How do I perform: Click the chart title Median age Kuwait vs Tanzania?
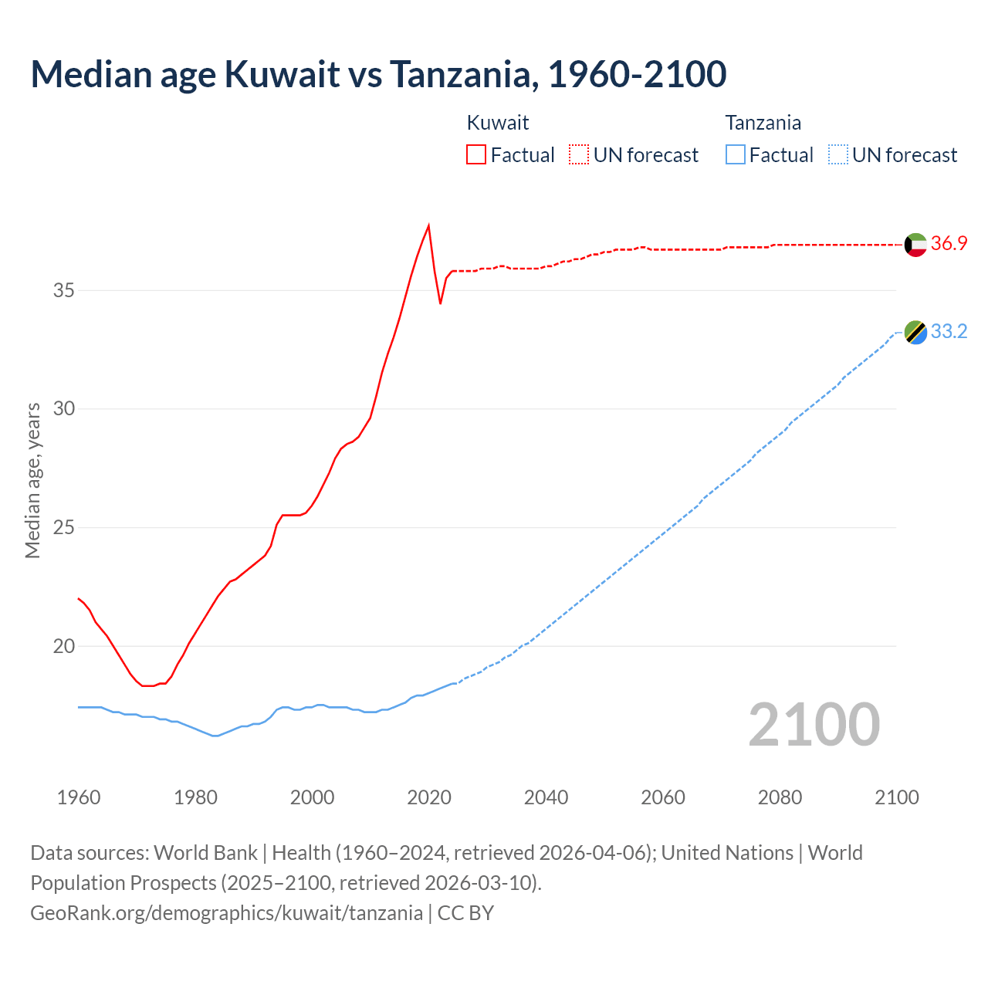(x=378, y=74)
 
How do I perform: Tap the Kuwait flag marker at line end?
(x=915, y=245)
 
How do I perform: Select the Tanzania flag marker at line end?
(x=915, y=333)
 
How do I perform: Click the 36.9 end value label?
(x=949, y=243)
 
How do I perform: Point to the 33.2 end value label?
(x=949, y=331)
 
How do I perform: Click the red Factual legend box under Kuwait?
(x=476, y=154)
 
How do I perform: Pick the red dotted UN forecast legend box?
(x=579, y=154)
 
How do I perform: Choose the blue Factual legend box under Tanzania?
(x=736, y=154)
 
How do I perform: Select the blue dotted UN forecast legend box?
(x=837, y=154)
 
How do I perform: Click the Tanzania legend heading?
(x=763, y=123)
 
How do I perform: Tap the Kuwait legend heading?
(x=498, y=123)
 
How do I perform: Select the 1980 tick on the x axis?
(x=195, y=797)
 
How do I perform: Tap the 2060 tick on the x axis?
(x=663, y=797)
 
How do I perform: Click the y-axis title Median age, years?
(x=32, y=480)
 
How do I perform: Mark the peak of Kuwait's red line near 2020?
(x=428, y=225)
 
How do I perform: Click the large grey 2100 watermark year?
(x=814, y=724)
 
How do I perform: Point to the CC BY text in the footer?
(x=465, y=913)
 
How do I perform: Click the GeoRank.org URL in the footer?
(x=226, y=913)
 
